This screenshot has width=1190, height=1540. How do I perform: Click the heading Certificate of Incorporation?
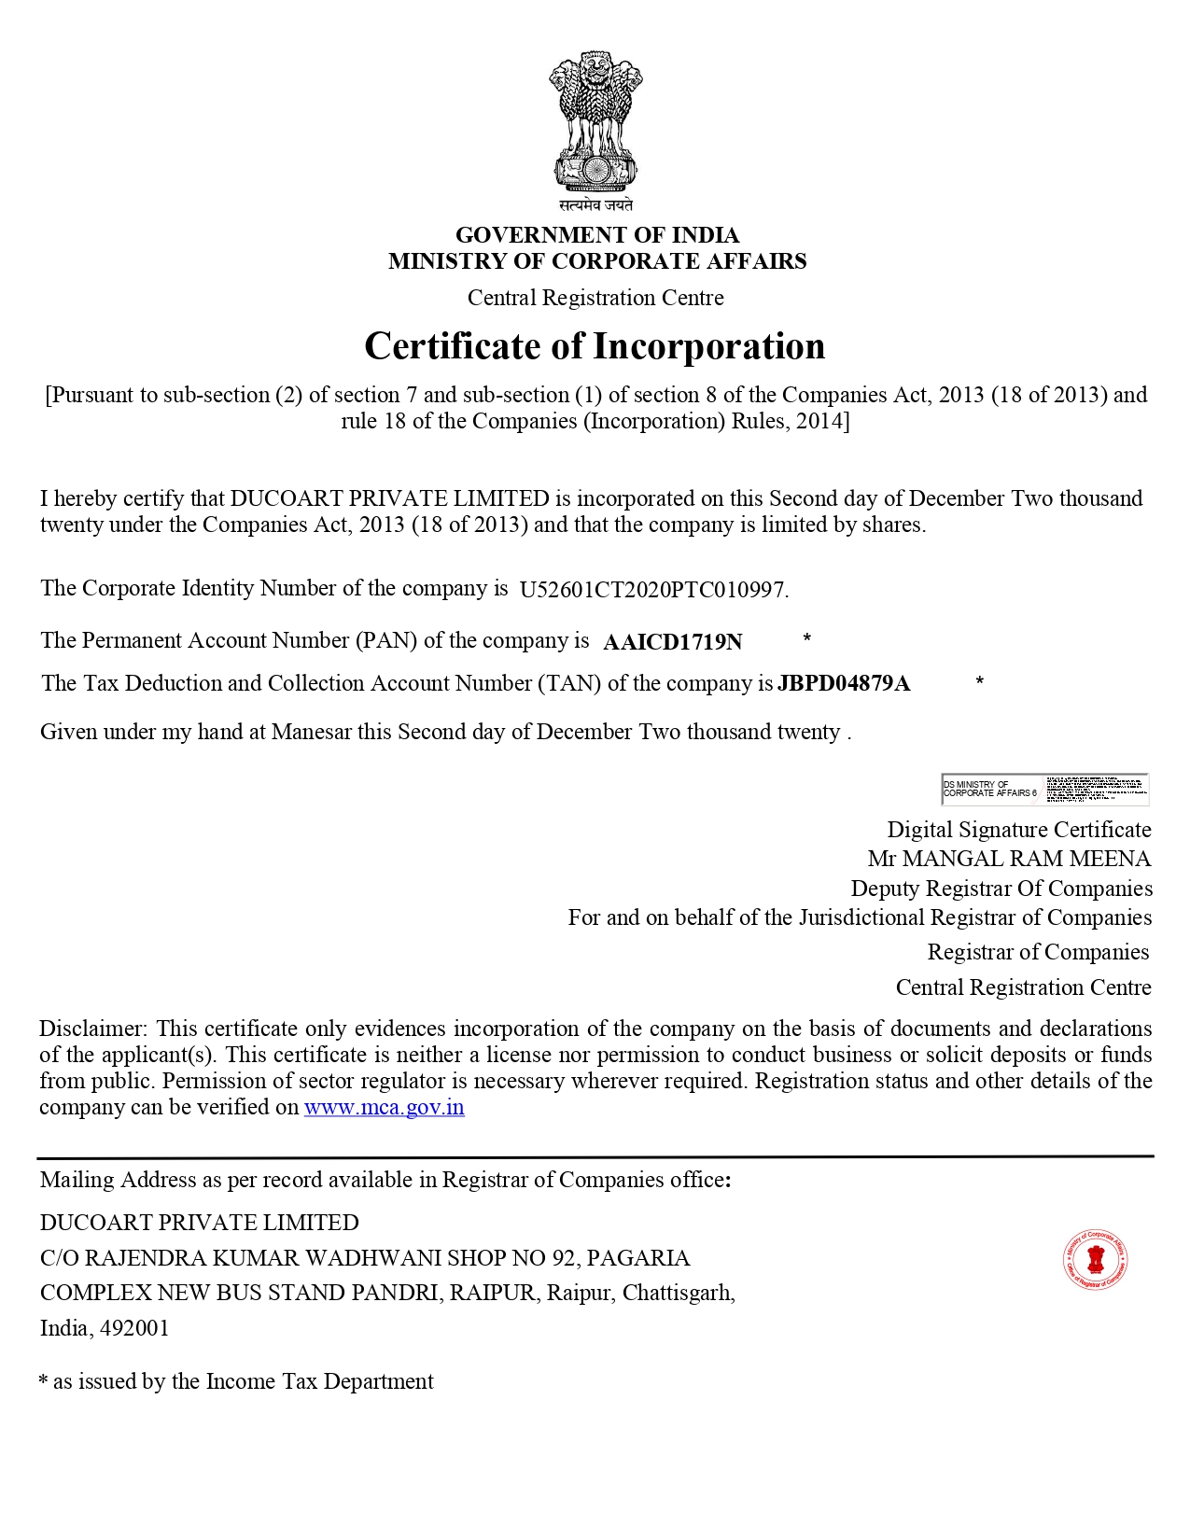(x=595, y=346)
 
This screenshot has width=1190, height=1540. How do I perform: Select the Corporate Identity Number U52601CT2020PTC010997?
(x=653, y=590)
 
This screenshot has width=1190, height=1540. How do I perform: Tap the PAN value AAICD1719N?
(x=673, y=642)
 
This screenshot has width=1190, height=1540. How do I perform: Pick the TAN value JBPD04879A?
(x=844, y=683)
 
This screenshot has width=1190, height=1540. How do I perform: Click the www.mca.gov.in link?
(x=384, y=1108)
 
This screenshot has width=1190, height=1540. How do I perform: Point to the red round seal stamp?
(x=1095, y=1260)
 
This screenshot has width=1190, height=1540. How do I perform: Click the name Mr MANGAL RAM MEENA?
(x=1009, y=859)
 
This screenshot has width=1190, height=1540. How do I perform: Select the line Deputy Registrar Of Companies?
(x=1001, y=889)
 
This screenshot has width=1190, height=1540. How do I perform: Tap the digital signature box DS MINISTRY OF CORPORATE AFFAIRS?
(x=1044, y=789)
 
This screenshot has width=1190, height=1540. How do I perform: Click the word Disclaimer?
(x=92, y=1029)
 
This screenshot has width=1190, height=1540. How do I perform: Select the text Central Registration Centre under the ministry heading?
(x=595, y=298)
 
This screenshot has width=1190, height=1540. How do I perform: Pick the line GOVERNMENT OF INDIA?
(x=596, y=234)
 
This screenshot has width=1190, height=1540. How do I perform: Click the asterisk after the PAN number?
(x=806, y=638)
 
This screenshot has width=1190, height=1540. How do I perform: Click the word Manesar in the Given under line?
(x=314, y=732)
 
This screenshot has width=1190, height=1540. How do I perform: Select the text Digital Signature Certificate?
(x=1018, y=830)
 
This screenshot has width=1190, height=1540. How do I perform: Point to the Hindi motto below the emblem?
(x=595, y=205)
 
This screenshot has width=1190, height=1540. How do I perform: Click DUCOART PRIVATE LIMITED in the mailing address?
(x=199, y=1223)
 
